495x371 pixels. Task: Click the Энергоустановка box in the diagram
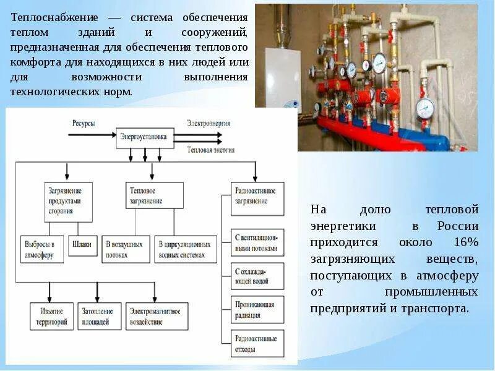click(144, 138)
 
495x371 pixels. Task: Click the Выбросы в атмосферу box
click(41, 249)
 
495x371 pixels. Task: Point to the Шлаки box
click(84, 245)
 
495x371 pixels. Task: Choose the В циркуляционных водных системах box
click(186, 249)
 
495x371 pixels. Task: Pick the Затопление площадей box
click(99, 315)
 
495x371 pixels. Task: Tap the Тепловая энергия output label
click(211, 150)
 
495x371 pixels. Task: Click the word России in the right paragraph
click(458, 226)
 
